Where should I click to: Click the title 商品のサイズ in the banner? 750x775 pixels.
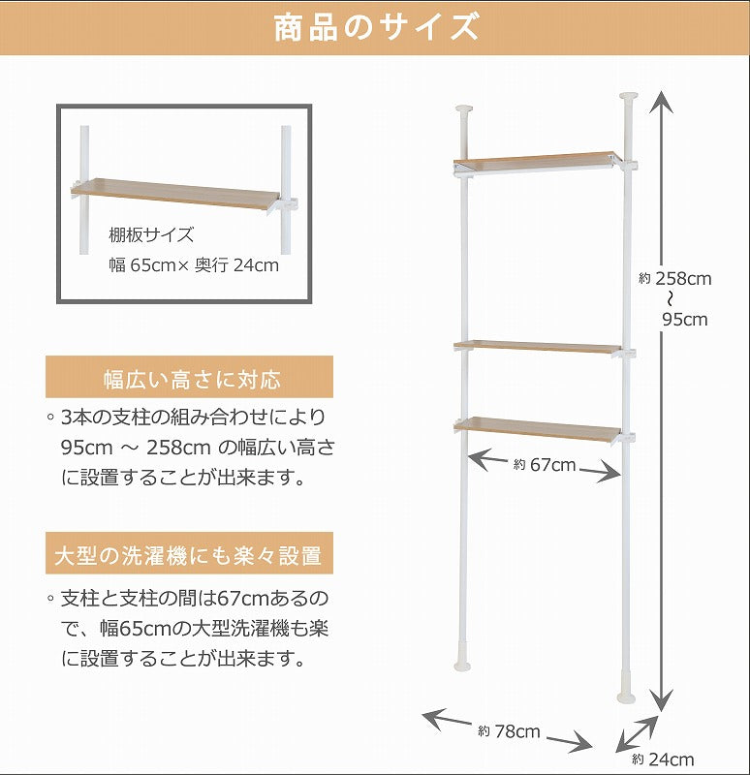[x=376, y=27]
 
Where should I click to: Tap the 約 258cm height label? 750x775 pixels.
[x=674, y=279]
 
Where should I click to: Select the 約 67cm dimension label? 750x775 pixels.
[x=545, y=465]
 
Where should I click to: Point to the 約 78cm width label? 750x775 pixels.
[x=509, y=731]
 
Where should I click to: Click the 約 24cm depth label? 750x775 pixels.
[x=663, y=759]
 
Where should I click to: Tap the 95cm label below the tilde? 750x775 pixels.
[x=685, y=320]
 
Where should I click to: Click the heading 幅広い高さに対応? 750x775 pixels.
[x=192, y=380]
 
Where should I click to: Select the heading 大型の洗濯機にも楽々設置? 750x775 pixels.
[x=188, y=555]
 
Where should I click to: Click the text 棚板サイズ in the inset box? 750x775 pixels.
[x=151, y=234]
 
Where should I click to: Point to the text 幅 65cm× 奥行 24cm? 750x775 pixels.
[x=194, y=265]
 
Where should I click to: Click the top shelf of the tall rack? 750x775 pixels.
[x=537, y=162]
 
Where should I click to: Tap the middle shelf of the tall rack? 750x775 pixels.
[x=538, y=346]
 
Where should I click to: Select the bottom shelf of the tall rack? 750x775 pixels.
[x=538, y=429]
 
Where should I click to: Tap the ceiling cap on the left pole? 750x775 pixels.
[x=464, y=108]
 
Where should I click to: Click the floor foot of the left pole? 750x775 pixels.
[x=463, y=663]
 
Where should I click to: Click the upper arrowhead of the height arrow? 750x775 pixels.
[x=661, y=103]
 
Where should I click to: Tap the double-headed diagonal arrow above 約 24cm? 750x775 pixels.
[x=638, y=733]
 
